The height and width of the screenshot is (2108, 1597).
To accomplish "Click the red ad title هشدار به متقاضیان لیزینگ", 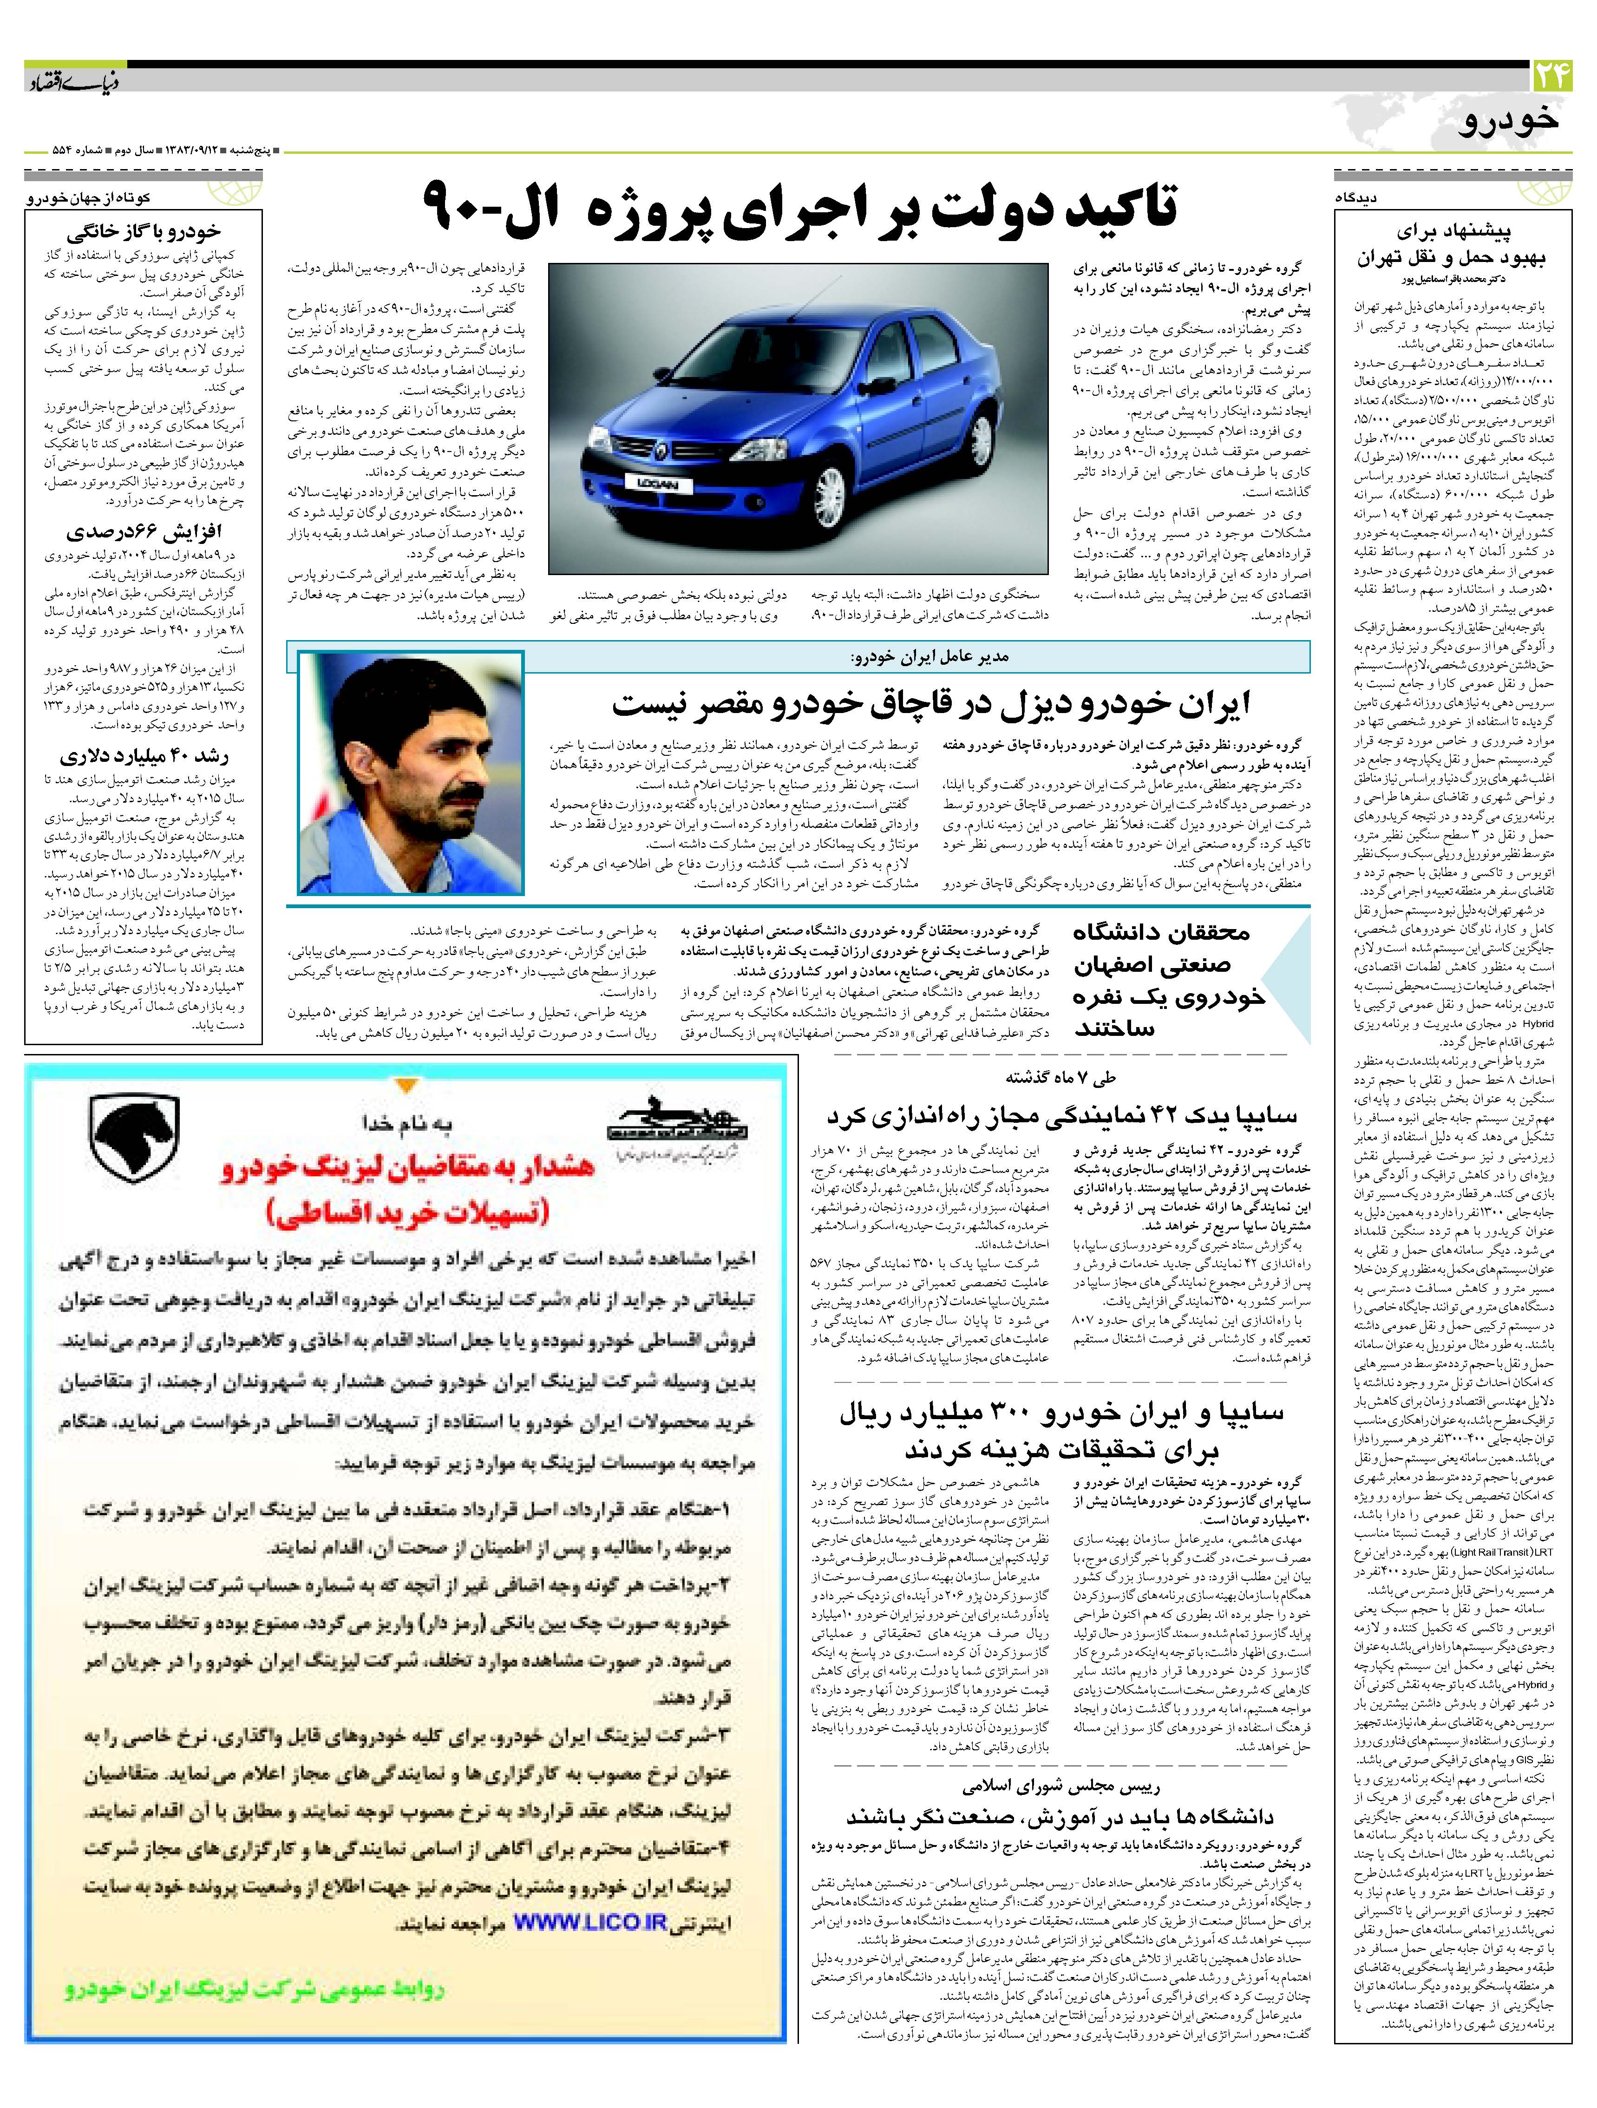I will tap(408, 1166).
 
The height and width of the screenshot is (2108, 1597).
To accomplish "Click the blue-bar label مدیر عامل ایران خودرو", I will tap(929, 657).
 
